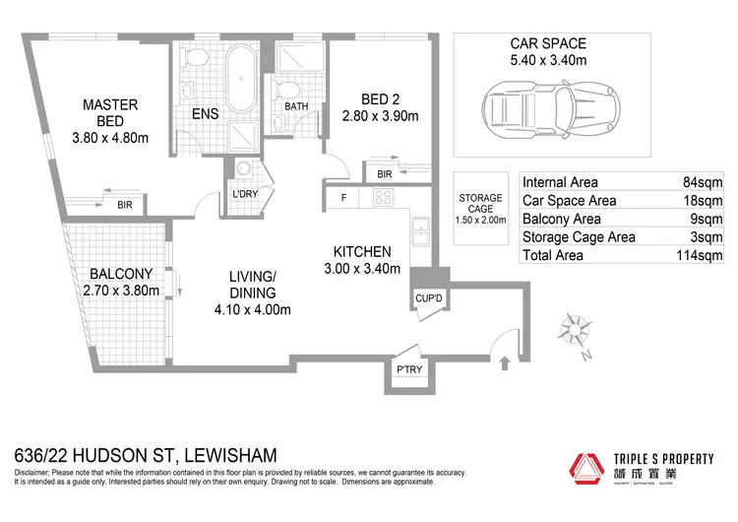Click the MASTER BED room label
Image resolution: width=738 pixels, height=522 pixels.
tap(109, 112)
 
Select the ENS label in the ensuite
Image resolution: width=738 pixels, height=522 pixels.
tap(205, 113)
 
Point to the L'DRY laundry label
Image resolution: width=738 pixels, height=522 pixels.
tap(244, 194)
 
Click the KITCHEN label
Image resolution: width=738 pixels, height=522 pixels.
tap(362, 251)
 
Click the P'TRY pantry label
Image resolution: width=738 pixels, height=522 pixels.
tap(408, 369)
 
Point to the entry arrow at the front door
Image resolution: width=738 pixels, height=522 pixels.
tap(505, 362)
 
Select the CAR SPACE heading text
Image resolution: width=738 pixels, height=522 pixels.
tap(547, 43)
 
